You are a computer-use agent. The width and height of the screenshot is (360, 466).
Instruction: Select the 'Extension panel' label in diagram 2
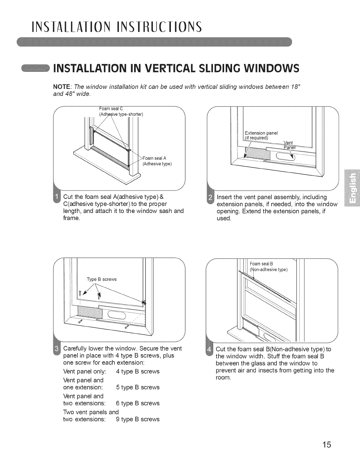(261, 133)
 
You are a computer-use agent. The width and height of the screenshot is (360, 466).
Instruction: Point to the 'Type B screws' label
(102, 279)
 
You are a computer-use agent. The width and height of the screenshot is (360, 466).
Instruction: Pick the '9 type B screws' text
(138, 419)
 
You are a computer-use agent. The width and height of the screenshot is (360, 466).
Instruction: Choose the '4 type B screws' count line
(138, 372)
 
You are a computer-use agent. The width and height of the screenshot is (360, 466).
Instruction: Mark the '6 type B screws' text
(138, 403)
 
